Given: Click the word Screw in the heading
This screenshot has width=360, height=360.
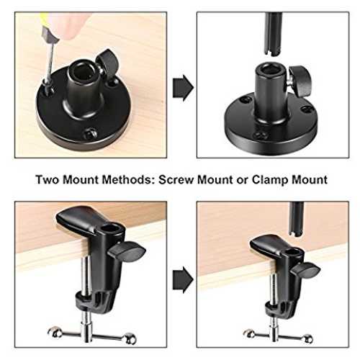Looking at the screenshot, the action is tap(177, 179).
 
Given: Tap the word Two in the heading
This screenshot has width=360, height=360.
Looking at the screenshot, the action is tap(48, 179).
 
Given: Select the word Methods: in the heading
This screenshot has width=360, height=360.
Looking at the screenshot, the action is tap(129, 179).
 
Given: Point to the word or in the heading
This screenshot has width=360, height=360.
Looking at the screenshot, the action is tap(242, 181).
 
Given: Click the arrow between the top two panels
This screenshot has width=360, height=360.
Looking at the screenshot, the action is tap(183, 88).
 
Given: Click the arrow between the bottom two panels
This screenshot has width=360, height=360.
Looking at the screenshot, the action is tap(183, 280).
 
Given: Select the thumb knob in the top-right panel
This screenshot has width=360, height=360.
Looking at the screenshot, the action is tap(300, 81).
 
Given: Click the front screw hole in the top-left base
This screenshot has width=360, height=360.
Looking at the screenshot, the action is tap(90, 132).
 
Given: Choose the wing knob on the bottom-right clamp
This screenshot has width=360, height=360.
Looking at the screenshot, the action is tap(305, 269).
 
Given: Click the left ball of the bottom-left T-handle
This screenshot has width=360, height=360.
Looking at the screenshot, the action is tap(55, 331).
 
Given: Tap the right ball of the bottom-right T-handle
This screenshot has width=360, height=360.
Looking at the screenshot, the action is tap(308, 338).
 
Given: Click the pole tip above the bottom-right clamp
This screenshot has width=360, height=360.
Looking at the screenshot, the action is tap(296, 232).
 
